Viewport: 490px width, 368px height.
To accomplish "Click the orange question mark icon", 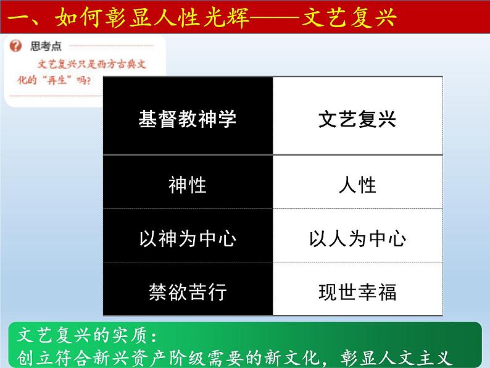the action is (x=15, y=46).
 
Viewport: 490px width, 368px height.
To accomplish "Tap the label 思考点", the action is (x=46, y=46).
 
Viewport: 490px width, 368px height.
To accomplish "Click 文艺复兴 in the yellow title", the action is (x=349, y=17).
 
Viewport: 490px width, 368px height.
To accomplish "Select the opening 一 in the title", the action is (x=19, y=17).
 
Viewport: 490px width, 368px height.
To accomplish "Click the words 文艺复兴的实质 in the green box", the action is (x=82, y=335).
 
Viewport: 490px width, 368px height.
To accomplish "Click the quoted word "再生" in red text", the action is (x=57, y=80).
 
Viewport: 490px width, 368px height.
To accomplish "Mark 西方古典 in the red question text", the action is (x=112, y=64).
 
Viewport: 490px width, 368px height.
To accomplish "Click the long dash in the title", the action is (x=275, y=17).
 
